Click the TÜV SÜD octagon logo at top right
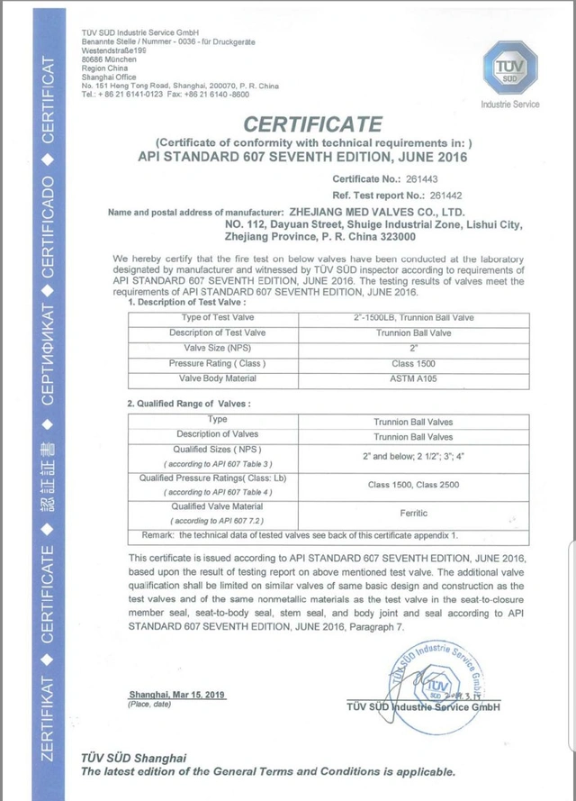coord(509,71)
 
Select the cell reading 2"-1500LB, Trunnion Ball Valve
coord(412,317)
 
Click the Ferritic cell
coord(412,514)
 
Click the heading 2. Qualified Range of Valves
coord(189,403)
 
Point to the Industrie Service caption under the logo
coord(509,105)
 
